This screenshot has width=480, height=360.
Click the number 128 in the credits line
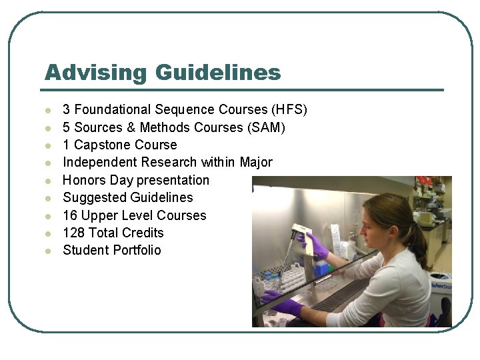click(74, 233)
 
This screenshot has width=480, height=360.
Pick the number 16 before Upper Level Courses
click(70, 215)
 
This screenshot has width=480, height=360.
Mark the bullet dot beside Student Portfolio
click(47, 251)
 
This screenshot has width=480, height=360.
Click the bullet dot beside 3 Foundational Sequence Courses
click(47, 110)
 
